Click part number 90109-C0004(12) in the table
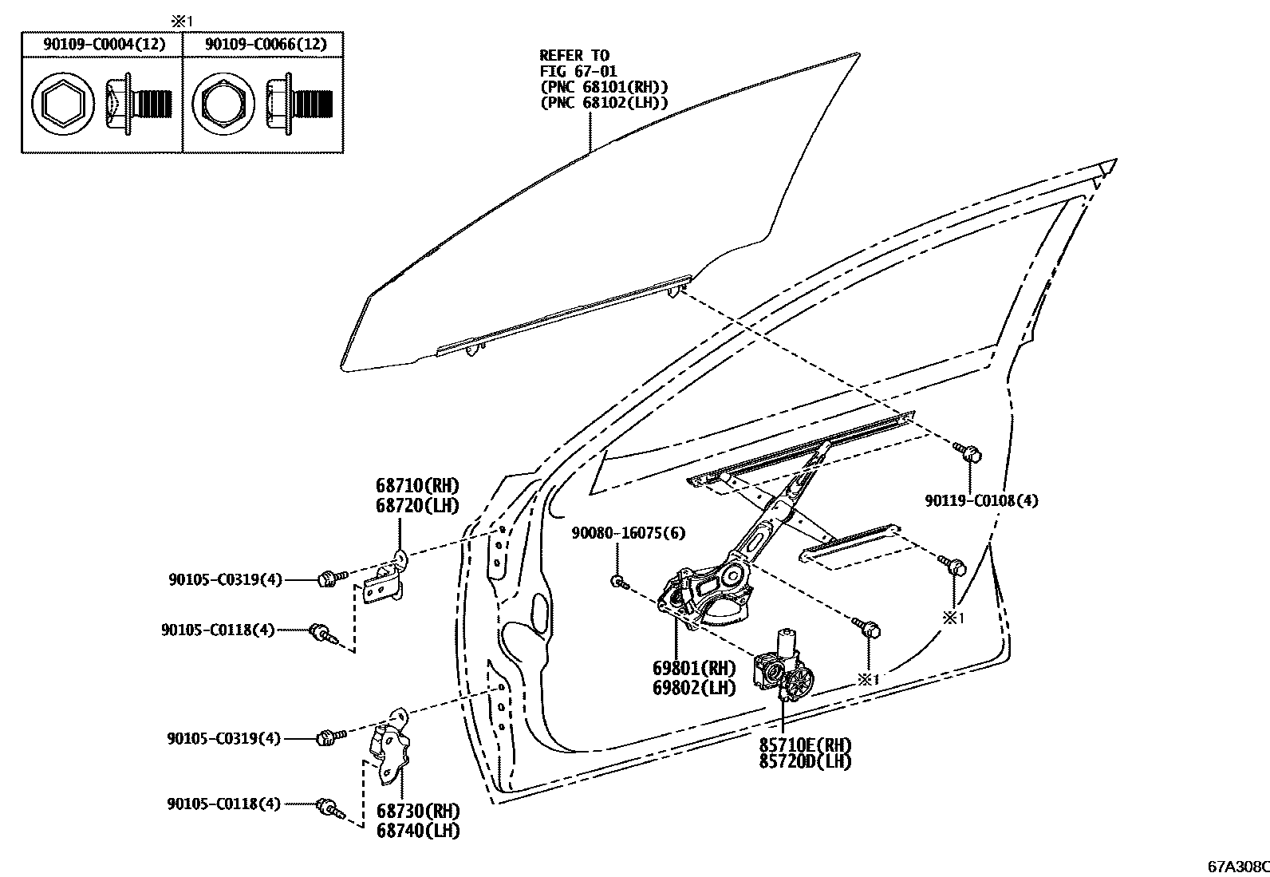[104, 44]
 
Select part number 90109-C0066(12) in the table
[266, 44]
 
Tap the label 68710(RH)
[417, 486]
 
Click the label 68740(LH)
[418, 831]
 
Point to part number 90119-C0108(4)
[981, 501]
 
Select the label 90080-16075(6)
[628, 533]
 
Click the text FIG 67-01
[578, 72]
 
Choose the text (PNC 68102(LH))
[604, 104]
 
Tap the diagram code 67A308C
[1237, 865]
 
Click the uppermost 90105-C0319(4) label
[225, 579]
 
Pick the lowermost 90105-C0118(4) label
[223, 804]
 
